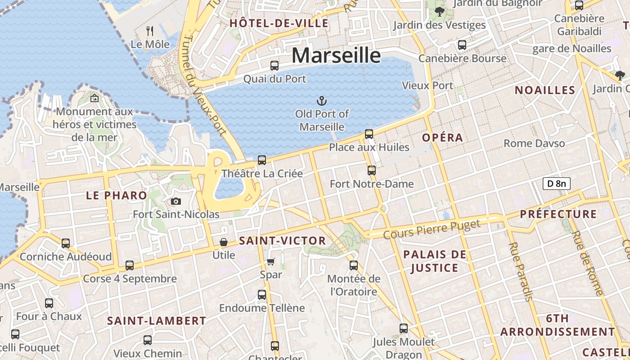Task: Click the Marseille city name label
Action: coord(336,55)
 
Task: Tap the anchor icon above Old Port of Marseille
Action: coord(322,100)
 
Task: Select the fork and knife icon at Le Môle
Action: coord(150,31)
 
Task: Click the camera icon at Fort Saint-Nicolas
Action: coord(176,201)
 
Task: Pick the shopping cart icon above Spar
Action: coord(271,261)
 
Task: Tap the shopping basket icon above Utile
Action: coord(224,242)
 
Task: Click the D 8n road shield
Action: coord(556,183)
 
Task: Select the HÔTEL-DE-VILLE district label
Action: coord(279,23)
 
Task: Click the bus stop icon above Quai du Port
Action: coord(274,66)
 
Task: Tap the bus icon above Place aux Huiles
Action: coord(369,134)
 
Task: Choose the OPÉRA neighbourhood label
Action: coord(443,138)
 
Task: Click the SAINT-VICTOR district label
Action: coord(283,241)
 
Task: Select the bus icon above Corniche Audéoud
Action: coord(66,243)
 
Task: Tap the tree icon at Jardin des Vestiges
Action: coord(439,12)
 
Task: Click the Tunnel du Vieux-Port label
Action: coord(204,85)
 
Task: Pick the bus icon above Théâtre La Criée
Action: coord(262,160)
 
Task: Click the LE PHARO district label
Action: coord(117,195)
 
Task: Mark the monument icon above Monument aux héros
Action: coord(94,98)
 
